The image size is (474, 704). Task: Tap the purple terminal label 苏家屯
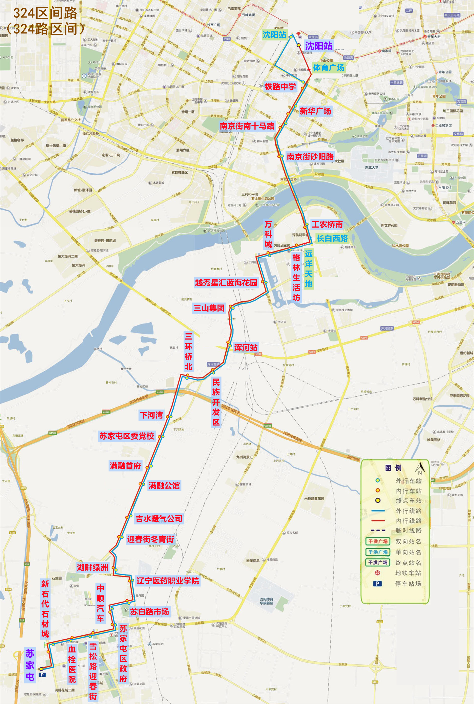[30, 665]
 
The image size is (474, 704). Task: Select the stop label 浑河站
[245, 348]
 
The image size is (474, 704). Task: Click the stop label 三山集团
[209, 308]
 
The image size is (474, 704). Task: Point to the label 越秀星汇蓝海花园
[226, 283]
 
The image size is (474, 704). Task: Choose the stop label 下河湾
[151, 415]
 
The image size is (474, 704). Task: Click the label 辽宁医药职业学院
[168, 581]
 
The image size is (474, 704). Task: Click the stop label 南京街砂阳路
[310, 157]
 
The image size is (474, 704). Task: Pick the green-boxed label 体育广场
[328, 68]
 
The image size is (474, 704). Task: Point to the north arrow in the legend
[419, 469]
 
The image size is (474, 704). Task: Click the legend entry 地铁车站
[408, 573]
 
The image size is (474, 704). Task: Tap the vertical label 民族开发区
[216, 402]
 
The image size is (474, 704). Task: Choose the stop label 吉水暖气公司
[159, 519]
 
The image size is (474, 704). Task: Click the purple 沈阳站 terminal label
[318, 46]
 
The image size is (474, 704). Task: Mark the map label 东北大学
[371, 168]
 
